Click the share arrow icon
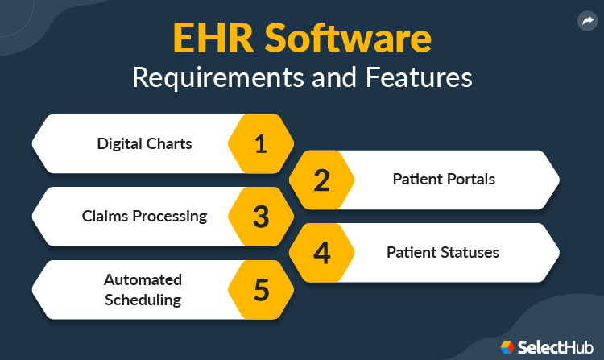click(x=586, y=22)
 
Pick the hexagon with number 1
click(x=260, y=143)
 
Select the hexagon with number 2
click(x=321, y=180)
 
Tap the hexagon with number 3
click(x=260, y=217)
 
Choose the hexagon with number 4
click(x=321, y=253)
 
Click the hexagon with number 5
click(x=260, y=289)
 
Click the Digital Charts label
click(x=144, y=144)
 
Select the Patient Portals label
click(x=444, y=179)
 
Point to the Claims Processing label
click(x=144, y=216)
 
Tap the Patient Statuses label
click(x=442, y=252)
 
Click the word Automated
click(x=143, y=279)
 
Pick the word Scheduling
click(x=143, y=300)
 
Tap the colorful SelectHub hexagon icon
click(x=507, y=346)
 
